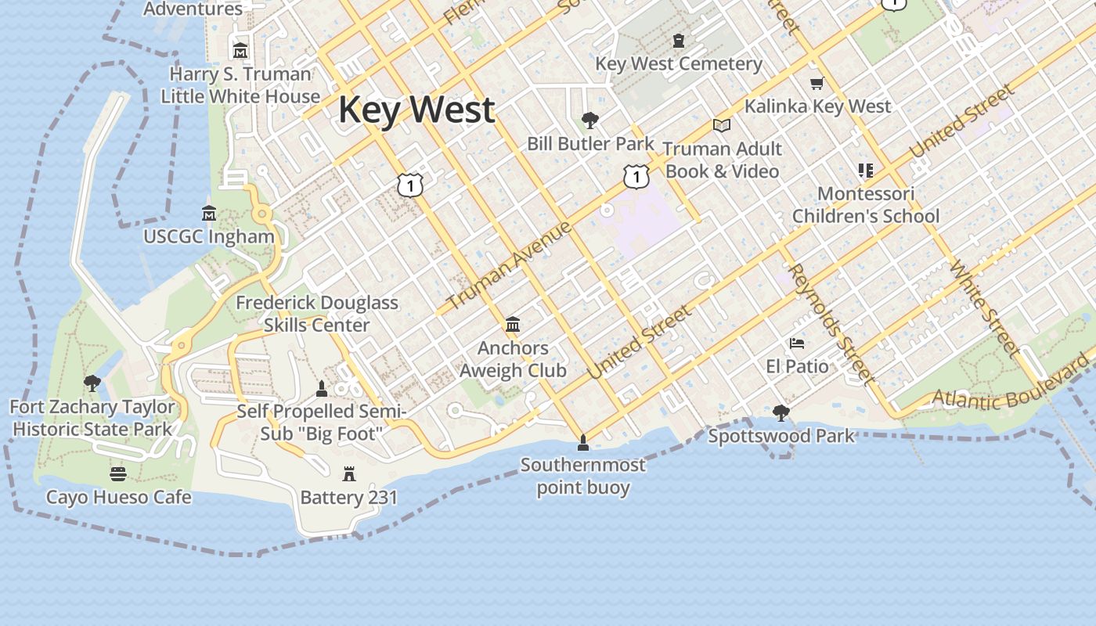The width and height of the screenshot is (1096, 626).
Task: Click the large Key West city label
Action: [x=416, y=109]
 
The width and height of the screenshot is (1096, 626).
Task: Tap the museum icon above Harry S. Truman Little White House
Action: [x=240, y=50]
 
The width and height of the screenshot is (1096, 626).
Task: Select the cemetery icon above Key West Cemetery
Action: [x=679, y=41]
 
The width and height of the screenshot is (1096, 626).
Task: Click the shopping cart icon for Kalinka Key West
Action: [x=817, y=83]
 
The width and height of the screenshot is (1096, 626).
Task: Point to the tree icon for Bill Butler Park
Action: [x=590, y=121]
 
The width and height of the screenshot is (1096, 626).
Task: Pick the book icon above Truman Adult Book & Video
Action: [x=721, y=125]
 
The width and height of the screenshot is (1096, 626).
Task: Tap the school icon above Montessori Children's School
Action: [x=865, y=170]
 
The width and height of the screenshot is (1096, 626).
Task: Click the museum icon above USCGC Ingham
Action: [x=209, y=213]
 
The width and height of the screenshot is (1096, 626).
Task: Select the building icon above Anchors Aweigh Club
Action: [x=513, y=323]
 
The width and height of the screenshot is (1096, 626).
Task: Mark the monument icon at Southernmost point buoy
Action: [x=582, y=444]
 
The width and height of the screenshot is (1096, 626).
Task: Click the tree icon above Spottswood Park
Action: [x=781, y=412]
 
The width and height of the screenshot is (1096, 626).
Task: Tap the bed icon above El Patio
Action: [x=797, y=344]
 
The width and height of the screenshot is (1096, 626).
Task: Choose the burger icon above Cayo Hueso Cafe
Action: [x=118, y=473]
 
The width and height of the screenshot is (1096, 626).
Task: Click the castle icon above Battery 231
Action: [x=349, y=473]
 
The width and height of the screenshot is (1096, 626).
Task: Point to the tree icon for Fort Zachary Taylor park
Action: [x=92, y=383]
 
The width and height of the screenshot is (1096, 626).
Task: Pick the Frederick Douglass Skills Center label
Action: [x=317, y=313]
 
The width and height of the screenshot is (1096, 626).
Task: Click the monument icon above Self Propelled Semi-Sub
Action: [x=321, y=388]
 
